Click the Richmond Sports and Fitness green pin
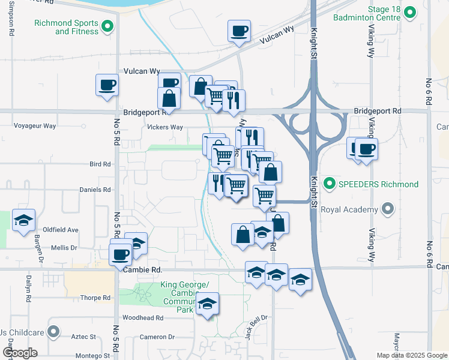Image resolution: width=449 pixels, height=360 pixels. (x=107, y=26)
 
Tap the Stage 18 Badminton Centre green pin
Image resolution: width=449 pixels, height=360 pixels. (x=410, y=12)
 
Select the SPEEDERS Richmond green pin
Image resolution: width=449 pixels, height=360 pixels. (x=328, y=183)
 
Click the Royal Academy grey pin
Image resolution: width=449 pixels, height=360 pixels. (x=388, y=209)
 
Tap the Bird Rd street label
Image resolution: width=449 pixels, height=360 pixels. (x=100, y=164)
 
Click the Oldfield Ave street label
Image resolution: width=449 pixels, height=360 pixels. (x=61, y=230)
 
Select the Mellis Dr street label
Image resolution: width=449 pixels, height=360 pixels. (x=65, y=247)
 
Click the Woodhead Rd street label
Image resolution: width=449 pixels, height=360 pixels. (x=143, y=317)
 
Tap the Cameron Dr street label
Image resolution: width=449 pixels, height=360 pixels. (x=157, y=337)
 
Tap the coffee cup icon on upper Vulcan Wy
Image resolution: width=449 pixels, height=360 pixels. (x=239, y=31)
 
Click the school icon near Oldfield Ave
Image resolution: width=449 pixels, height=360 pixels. (x=23, y=221)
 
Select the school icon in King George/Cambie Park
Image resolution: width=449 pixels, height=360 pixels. (x=207, y=304)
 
